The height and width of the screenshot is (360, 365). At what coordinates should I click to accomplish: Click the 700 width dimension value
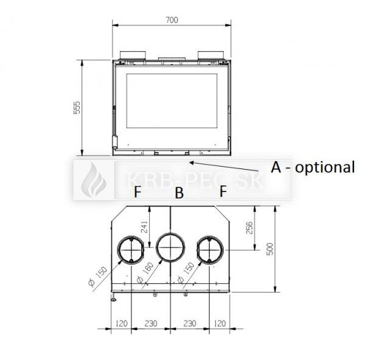172,20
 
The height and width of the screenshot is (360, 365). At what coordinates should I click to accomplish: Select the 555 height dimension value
77,108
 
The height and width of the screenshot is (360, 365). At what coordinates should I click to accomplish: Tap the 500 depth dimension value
269,249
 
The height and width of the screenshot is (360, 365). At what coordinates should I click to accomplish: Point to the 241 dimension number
144,227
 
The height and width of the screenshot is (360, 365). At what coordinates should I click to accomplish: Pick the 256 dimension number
249,228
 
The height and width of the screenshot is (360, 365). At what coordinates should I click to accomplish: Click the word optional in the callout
325,167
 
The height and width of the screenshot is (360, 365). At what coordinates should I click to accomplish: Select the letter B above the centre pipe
179,193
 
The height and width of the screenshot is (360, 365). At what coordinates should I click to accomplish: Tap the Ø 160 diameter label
145,272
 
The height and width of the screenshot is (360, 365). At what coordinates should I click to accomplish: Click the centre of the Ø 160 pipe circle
170,247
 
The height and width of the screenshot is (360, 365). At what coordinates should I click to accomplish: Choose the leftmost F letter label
138,192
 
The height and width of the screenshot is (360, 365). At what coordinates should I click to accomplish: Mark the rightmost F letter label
223,192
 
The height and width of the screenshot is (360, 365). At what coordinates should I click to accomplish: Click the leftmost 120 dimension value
122,324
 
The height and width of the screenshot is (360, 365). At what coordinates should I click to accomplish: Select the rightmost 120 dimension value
220,324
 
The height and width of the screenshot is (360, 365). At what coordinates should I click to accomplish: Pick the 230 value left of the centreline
151,324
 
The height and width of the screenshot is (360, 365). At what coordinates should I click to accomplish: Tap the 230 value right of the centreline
190,324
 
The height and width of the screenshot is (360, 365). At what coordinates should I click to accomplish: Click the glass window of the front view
172,101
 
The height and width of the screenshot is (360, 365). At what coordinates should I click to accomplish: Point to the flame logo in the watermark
94,180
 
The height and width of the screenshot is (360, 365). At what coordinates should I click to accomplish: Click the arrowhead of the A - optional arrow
191,162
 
